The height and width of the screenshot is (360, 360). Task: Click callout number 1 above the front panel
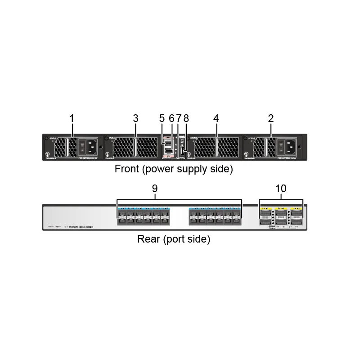72,118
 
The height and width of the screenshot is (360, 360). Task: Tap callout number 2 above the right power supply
271,118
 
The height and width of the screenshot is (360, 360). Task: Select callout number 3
135,118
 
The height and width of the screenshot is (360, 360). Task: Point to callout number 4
216,118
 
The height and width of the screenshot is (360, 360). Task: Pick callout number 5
162,118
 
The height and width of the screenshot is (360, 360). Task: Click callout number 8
186,118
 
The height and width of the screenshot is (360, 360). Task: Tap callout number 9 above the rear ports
154,189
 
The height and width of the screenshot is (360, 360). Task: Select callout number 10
281,189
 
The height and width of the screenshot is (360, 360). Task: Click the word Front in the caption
126,170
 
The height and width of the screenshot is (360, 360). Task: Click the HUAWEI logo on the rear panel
73,227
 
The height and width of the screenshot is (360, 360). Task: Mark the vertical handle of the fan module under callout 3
135,147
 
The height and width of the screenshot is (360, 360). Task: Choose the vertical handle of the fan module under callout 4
216,147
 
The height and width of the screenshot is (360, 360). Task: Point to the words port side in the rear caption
187,239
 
